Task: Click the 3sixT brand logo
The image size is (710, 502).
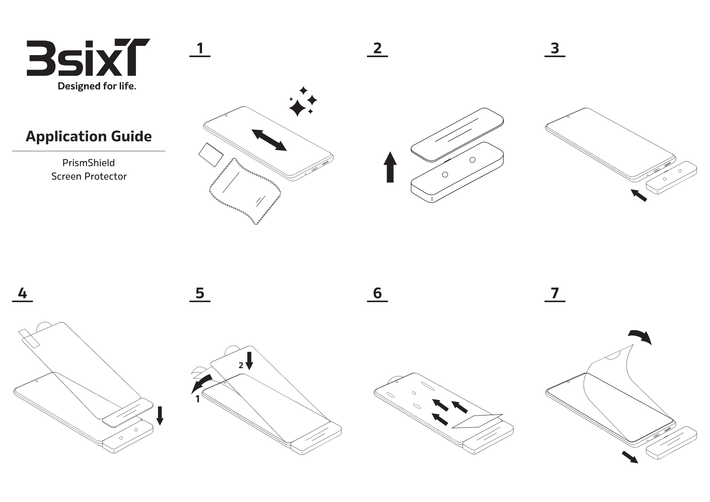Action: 88,58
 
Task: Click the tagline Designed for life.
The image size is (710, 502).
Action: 97,86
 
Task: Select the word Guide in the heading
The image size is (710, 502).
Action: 131,136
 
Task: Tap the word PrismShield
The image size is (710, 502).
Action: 88,163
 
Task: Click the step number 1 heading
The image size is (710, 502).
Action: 200,49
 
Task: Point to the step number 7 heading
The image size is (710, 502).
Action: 555,294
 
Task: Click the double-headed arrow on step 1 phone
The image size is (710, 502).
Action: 269,140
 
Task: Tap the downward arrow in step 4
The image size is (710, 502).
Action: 160,416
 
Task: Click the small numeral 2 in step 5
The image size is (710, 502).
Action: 241,366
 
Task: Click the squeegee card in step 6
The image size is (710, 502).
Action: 477,421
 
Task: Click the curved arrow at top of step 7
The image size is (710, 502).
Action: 641,336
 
